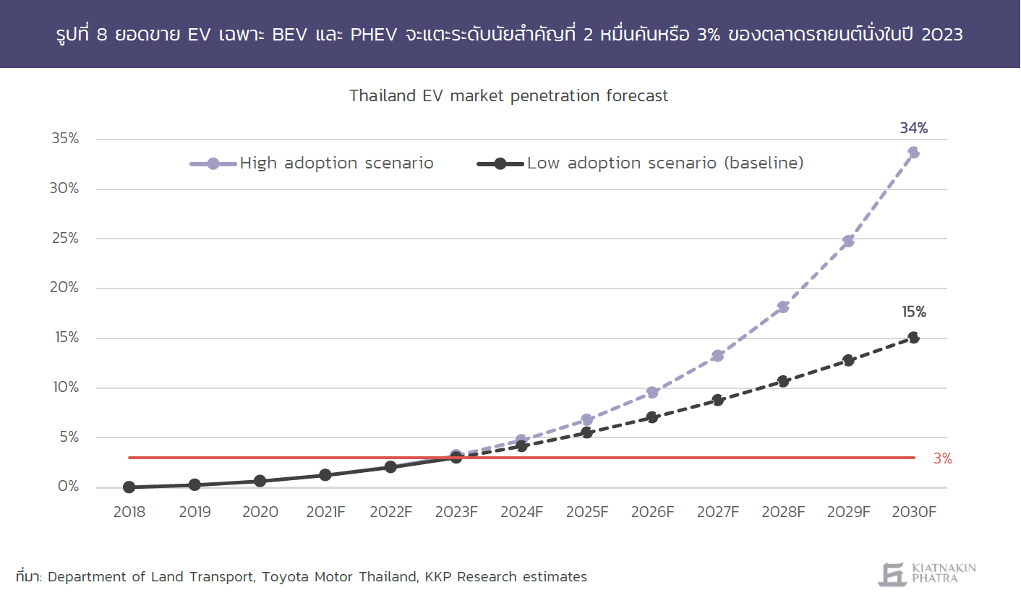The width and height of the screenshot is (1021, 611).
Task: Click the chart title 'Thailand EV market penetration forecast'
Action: point(508,96)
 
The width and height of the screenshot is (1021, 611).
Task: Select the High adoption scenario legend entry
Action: point(312,163)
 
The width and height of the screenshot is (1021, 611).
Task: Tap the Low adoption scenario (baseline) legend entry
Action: point(641,163)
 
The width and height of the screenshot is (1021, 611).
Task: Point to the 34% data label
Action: point(913,128)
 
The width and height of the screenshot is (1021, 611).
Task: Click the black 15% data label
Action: point(914,312)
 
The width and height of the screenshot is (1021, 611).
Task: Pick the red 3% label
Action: point(943,458)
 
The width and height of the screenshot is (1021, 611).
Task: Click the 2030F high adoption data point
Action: point(913,152)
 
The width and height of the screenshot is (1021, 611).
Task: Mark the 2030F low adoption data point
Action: point(913,338)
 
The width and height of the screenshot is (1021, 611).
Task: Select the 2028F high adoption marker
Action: point(783,307)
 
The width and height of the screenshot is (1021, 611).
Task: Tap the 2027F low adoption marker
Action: point(718,400)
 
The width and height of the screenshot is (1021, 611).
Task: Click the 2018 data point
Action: point(129,487)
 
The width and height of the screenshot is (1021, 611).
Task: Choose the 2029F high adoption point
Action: point(848,241)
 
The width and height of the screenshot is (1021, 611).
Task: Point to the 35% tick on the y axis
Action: point(65,138)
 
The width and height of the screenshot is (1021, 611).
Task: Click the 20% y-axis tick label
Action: point(64,288)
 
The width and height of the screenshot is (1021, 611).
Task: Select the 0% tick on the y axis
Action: point(69,486)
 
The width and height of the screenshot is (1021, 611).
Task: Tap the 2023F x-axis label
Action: point(456,512)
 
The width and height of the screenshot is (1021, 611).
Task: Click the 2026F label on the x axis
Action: point(652,512)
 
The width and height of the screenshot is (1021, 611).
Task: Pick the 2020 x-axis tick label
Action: point(260,512)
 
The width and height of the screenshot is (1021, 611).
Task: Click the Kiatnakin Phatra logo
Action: point(927,573)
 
